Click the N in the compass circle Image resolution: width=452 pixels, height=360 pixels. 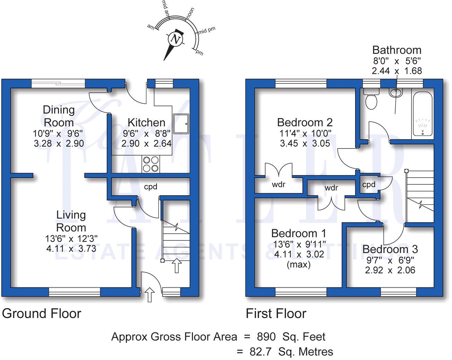pyautogui.click(x=176, y=39)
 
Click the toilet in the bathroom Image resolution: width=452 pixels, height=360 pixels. pyautogui.click(x=371, y=99)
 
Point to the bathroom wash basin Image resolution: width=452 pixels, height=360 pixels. pyautogui.click(x=396, y=93)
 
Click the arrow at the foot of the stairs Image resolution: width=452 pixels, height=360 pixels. pyautogui.click(x=177, y=265)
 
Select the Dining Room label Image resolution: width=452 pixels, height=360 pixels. pyautogui.click(x=59, y=116)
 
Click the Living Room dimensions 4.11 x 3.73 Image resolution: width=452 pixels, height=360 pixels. pyautogui.click(x=71, y=249)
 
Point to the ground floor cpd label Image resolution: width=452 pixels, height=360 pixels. pyautogui.click(x=151, y=187)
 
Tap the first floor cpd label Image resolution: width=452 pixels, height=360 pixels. pyautogui.click(x=369, y=184)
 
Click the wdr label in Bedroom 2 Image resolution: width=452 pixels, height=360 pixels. pyautogui.click(x=278, y=184)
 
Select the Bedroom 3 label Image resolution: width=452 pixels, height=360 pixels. pyautogui.click(x=390, y=249)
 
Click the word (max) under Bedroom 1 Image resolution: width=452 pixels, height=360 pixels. pyautogui.click(x=299, y=264)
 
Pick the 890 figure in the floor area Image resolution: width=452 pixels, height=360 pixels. pyautogui.click(x=266, y=336)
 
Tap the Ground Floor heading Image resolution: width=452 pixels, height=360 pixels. pyautogui.click(x=42, y=314)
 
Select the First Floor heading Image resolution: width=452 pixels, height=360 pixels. pyautogui.click(x=276, y=314)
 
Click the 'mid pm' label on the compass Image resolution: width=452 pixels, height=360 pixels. pyautogui.click(x=207, y=30)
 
